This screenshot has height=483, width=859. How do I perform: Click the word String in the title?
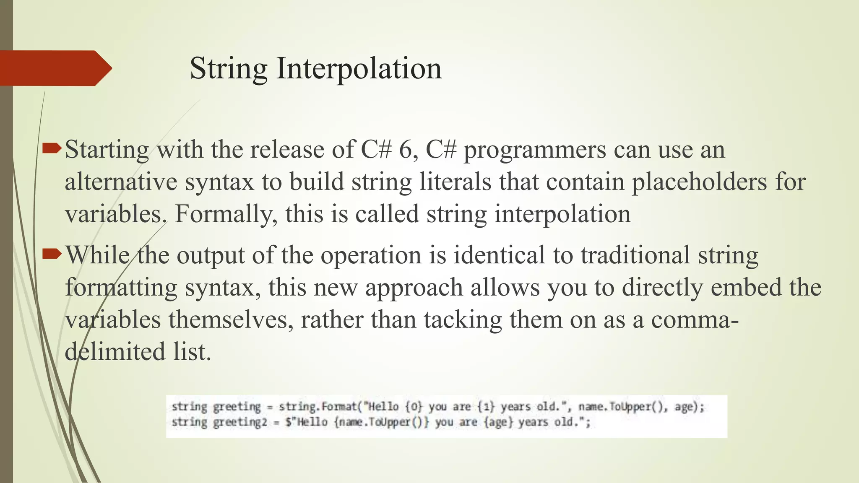coord(229,68)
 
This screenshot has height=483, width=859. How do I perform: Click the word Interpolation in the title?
coord(359,68)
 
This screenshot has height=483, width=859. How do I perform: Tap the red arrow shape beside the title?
coord(55,68)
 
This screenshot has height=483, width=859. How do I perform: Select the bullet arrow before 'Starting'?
coord(52,148)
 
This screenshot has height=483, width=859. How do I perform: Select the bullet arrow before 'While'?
coord(52,254)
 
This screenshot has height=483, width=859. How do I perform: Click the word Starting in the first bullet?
coord(107,150)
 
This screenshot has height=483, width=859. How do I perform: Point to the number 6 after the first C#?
coord(406,150)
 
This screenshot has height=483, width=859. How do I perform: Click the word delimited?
coord(115,351)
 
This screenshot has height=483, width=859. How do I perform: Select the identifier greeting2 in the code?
coord(240,422)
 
